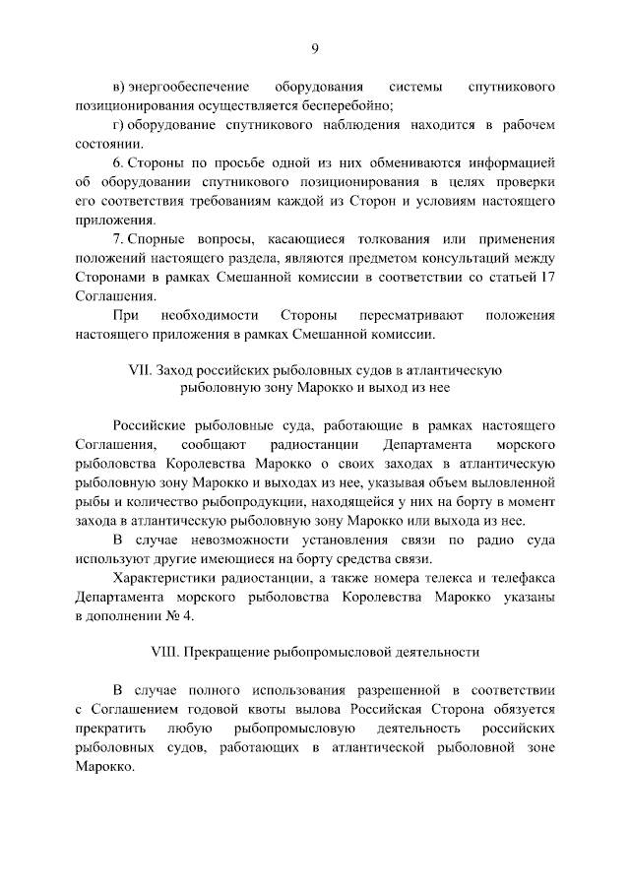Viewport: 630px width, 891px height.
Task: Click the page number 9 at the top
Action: pos(315,48)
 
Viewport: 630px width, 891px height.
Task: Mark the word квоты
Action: pos(284,709)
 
